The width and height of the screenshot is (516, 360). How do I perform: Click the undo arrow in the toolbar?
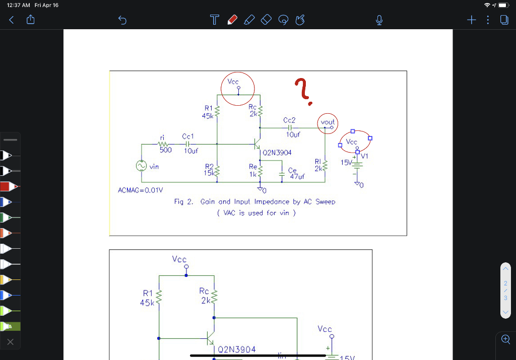tap(122, 20)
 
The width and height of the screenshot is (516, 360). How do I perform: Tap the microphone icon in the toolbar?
tap(379, 20)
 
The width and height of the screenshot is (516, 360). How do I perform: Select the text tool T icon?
tap(215, 20)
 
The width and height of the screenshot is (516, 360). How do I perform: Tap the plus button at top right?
tap(471, 20)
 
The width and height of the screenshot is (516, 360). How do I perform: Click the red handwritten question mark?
tap(303, 92)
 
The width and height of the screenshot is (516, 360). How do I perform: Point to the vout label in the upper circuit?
tap(327, 122)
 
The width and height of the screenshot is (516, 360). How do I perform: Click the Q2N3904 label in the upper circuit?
tap(277, 152)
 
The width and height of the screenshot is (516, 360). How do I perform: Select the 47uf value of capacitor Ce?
tap(297, 177)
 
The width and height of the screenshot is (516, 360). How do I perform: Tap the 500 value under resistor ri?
tap(166, 150)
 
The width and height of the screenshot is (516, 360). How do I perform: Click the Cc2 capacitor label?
tap(290, 120)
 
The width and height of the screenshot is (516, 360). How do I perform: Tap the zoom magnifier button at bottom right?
tap(505, 339)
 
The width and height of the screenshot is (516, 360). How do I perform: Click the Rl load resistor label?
tap(317, 162)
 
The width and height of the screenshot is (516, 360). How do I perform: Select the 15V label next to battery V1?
tap(346, 163)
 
